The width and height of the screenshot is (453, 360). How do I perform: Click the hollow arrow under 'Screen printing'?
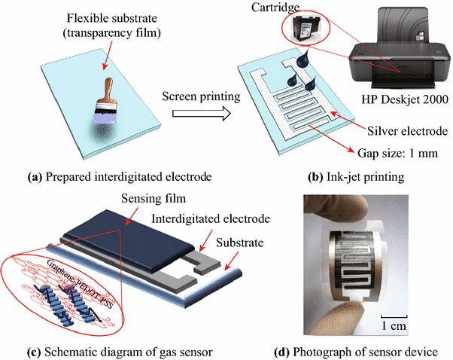click(202, 114)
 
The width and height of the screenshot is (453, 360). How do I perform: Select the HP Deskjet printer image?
click(400, 47)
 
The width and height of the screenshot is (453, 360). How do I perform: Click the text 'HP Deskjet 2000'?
click(405, 99)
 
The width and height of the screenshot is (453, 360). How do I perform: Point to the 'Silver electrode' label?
click(407, 131)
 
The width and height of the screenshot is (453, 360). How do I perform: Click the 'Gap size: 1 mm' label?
click(397, 153)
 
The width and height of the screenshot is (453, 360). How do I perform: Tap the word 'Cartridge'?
click(275, 8)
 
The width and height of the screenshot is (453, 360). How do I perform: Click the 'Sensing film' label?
click(154, 198)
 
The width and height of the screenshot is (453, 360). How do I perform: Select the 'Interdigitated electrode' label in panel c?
click(211, 218)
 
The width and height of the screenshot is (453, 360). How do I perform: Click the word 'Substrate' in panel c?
click(240, 243)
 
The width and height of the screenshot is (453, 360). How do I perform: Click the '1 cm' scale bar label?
click(394, 326)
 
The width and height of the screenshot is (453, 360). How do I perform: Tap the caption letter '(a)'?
click(35, 176)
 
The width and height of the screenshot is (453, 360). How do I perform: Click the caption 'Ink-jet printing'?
click(365, 177)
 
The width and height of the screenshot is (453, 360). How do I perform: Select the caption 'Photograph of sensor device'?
click(365, 352)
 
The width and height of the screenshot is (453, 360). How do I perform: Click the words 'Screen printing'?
click(201, 96)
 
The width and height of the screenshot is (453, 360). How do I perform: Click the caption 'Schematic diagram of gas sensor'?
click(129, 352)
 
